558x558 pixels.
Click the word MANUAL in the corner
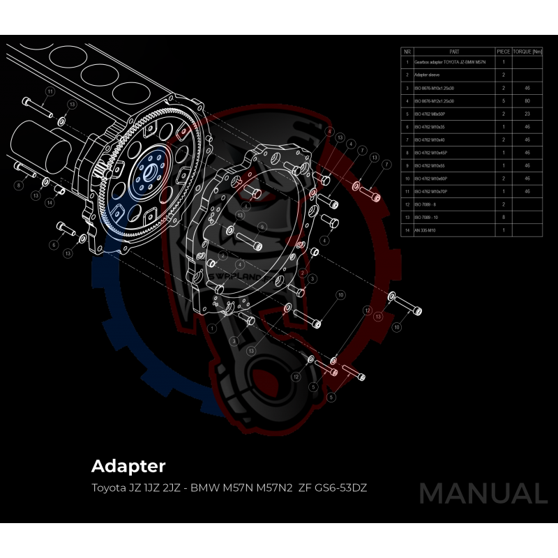pos(483,493)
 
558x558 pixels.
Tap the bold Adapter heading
pos(128,465)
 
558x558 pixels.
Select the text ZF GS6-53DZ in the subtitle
pos(332,487)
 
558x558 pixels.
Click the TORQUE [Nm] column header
pos(527,52)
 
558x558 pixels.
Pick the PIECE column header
pos(503,52)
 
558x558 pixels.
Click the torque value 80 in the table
pos(527,101)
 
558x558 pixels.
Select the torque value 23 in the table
pos(527,114)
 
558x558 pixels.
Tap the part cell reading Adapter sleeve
pos(426,75)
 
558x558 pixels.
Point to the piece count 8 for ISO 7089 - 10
pos(503,217)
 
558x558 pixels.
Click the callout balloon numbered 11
pos(50,91)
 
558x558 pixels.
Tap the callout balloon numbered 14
pos(50,202)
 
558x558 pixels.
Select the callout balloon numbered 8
pos(18,186)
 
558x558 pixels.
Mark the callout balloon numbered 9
pos(262,227)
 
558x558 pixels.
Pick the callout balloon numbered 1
pos(211,328)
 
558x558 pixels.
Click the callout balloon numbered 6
pos(53,246)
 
